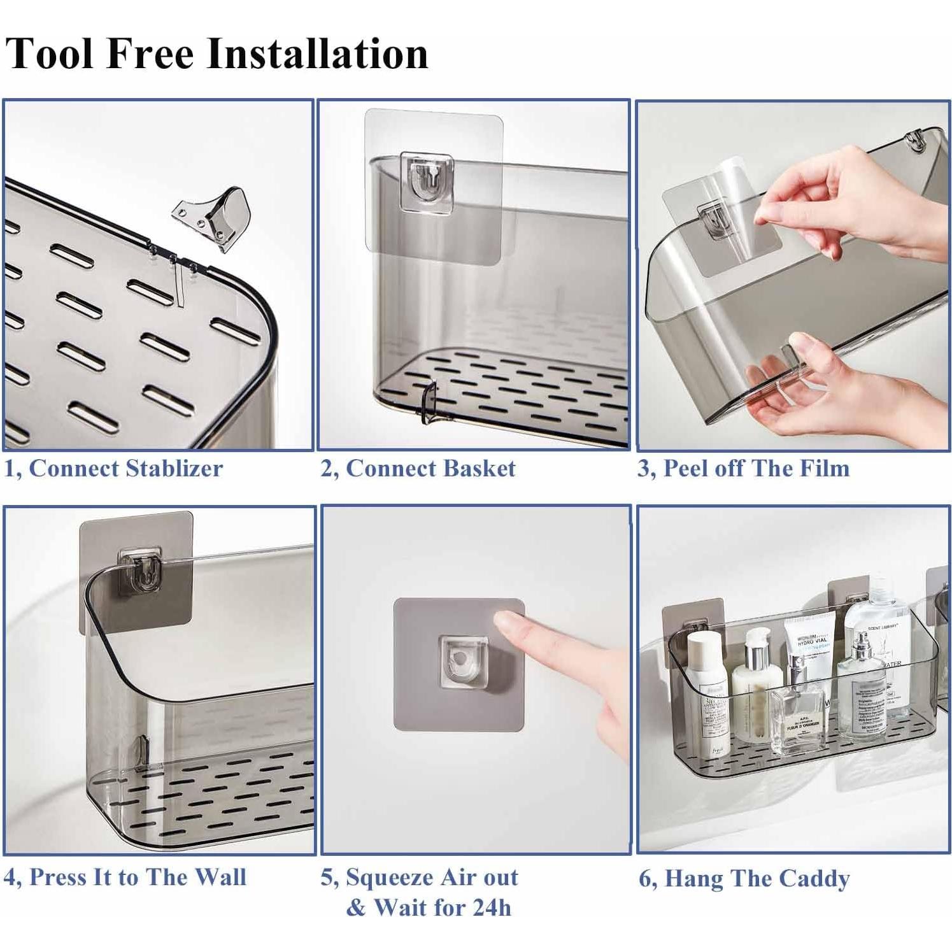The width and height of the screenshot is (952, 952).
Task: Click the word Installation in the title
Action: tap(318, 53)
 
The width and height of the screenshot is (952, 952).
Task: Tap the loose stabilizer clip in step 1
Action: tap(213, 217)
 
